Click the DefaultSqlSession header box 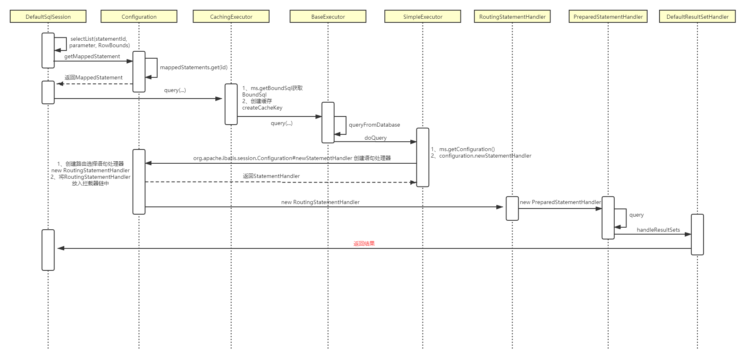click(x=48, y=17)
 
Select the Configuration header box click(x=139, y=17)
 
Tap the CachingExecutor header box click(x=231, y=17)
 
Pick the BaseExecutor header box click(x=328, y=17)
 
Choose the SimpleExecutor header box click(x=423, y=17)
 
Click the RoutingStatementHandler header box click(x=512, y=17)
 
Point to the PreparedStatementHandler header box click(x=608, y=17)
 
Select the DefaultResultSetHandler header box click(x=697, y=17)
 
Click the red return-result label click(x=364, y=244)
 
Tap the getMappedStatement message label click(x=92, y=57)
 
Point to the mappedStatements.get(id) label click(x=193, y=67)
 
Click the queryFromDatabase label click(x=374, y=125)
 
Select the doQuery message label click(x=375, y=138)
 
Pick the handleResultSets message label click(x=658, y=230)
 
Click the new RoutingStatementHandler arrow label click(x=320, y=202)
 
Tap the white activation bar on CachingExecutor click(x=231, y=104)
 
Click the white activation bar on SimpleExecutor click(x=423, y=157)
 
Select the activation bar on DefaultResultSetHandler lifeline click(x=697, y=235)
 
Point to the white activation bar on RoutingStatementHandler click(x=512, y=209)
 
